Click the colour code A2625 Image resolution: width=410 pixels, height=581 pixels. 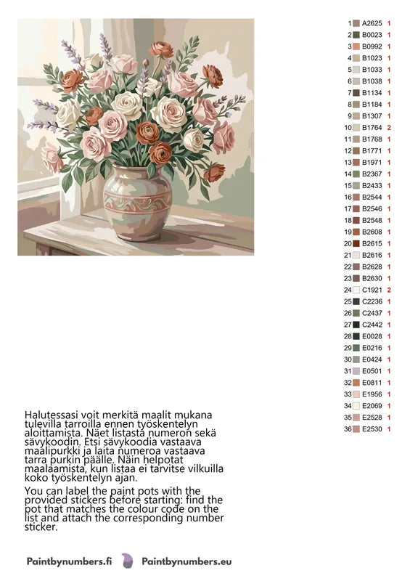[372, 23]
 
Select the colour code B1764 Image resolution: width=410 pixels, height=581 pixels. [372, 128]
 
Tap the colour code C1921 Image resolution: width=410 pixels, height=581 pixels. [372, 290]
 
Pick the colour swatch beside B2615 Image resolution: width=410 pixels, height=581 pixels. [356, 243]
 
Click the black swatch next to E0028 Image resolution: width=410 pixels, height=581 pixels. [356, 336]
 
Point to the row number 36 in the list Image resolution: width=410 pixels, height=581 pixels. [348, 429]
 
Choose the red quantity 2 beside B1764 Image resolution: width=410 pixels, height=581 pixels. [390, 128]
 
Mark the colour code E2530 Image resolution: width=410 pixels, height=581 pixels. [372, 429]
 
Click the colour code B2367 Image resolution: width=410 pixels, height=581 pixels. [372, 174]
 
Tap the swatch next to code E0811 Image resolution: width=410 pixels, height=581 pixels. [356, 383]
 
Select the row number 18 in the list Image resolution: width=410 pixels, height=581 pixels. [348, 220]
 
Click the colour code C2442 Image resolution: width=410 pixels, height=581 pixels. [372, 325]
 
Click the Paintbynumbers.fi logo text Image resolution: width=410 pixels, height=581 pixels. [68, 561]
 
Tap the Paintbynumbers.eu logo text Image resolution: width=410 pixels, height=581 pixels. [186, 561]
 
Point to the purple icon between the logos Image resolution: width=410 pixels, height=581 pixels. [127, 561]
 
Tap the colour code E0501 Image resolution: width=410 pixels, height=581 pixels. [372, 371]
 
